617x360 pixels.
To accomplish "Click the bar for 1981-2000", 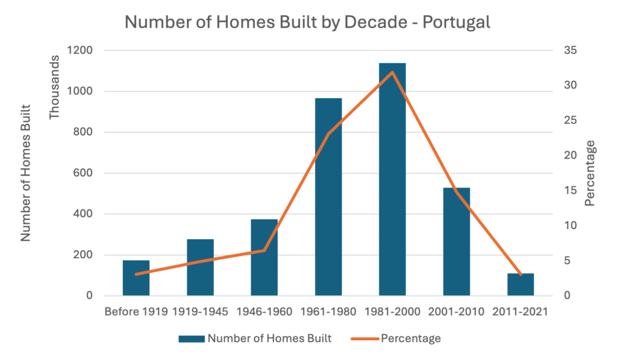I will point(392,181).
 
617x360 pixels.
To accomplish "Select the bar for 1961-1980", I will point(328,199).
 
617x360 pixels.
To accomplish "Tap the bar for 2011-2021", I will point(521,285).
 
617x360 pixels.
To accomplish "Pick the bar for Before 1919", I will point(136,279).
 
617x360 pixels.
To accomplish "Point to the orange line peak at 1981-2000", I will point(392,72).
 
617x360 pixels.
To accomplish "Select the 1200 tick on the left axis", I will point(80,51).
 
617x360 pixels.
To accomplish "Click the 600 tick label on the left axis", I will point(83,173).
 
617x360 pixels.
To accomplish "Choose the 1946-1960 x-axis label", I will point(265,312).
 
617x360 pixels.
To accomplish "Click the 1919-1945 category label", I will point(200,312).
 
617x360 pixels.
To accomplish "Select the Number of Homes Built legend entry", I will point(255,338).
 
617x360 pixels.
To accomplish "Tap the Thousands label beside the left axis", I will point(55,88).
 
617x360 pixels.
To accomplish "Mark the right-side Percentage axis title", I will point(590,173).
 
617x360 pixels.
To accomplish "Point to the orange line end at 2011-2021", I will point(521,275).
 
